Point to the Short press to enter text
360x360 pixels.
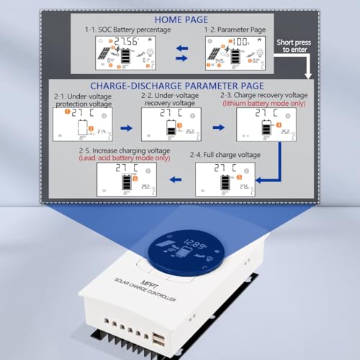point(295,45)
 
